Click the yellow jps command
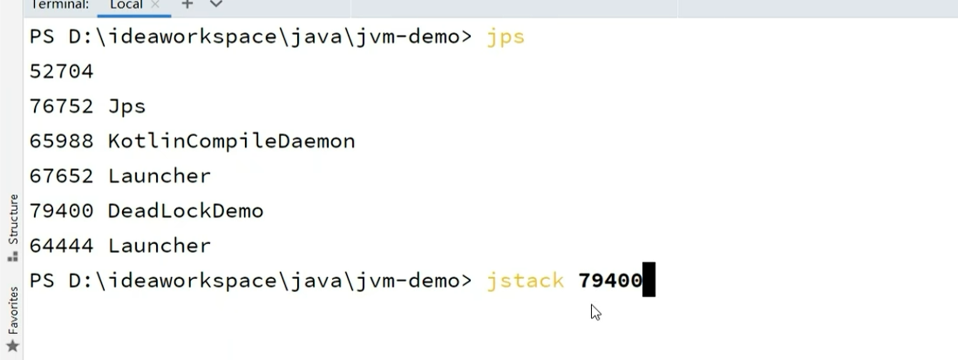pos(506,37)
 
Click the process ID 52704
pos(61,71)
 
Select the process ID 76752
pos(61,106)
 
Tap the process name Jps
pos(126,106)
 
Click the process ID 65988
pos(61,141)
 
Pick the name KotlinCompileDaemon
pos(231,141)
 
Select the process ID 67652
pos(61,176)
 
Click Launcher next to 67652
pos(159,176)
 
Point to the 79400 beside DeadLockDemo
pos(61,211)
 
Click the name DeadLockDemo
pos(185,211)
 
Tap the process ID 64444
pos(61,246)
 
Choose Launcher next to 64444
pos(159,246)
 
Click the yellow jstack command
pos(525,281)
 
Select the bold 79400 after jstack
pos(609,281)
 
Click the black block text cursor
pos(649,281)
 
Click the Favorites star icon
pos(12,346)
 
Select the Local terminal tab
pos(126,5)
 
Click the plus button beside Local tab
pos(187,5)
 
